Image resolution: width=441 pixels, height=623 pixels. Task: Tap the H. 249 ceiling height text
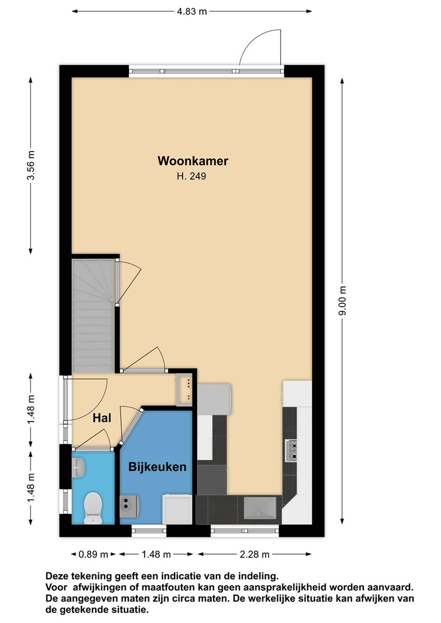coord(192,176)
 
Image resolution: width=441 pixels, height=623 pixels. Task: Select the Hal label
coord(102,418)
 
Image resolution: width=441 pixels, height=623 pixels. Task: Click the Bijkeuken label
coord(157,467)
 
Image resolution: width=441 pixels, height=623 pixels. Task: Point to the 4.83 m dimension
coord(192,12)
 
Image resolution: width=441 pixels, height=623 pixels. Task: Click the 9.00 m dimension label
coord(343,301)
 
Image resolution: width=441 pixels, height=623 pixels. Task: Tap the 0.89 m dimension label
coord(93,554)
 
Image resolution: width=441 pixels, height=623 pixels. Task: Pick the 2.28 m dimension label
coord(254,554)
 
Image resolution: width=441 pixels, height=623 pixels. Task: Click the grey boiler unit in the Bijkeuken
coord(130,507)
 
